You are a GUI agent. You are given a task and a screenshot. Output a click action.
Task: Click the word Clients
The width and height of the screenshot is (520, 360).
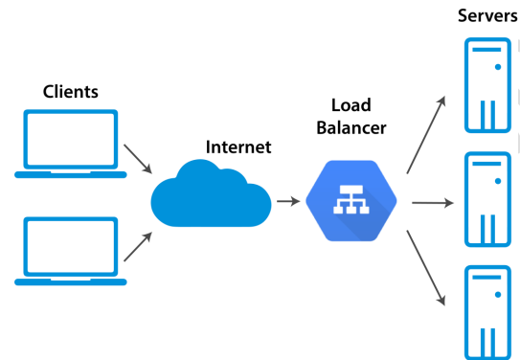[x=71, y=92]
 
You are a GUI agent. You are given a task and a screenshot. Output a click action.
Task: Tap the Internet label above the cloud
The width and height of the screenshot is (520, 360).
[x=238, y=147]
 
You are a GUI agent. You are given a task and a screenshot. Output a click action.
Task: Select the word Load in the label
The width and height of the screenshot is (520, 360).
[x=350, y=104]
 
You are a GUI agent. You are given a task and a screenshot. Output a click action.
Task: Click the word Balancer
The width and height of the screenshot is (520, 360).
[x=350, y=127]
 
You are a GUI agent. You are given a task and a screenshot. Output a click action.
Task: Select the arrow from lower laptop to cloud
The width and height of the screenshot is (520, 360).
[x=137, y=246]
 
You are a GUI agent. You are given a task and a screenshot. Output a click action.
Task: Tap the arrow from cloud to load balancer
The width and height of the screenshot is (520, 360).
[x=286, y=202]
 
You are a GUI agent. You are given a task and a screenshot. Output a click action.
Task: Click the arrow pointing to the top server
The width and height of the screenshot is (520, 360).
[x=426, y=135]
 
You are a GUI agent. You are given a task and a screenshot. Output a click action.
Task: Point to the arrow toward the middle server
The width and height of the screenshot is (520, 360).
[x=430, y=202]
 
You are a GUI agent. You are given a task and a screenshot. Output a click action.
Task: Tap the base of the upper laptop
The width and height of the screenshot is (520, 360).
[x=71, y=174]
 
